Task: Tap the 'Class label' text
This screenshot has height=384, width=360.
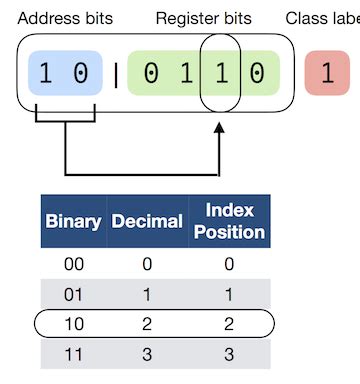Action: pos(322,18)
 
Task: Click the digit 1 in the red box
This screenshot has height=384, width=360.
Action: pos(327,75)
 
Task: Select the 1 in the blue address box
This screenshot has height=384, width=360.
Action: pos(45,75)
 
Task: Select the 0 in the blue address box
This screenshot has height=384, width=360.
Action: pos(80,75)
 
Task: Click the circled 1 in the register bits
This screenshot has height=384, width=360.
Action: pos(220,75)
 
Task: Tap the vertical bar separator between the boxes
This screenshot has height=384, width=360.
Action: pos(115,75)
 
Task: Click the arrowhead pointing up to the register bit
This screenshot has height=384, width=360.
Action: pos(219,130)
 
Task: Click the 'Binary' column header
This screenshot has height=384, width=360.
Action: pos(73,221)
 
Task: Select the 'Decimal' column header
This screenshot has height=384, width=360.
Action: pos(146,221)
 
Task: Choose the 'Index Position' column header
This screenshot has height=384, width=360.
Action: pos(229,221)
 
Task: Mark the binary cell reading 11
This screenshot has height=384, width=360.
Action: pos(73,355)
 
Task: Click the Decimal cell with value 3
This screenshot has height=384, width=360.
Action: pos(146,355)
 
